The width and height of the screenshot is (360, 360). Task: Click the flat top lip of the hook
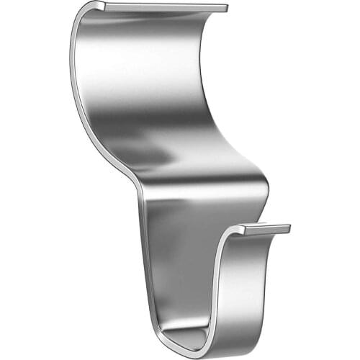[x=166, y=7]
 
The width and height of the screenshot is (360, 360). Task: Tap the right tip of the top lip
[x=225, y=9]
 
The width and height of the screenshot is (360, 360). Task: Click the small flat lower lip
[x=263, y=230]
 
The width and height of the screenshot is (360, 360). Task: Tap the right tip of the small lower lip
[x=289, y=228]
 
